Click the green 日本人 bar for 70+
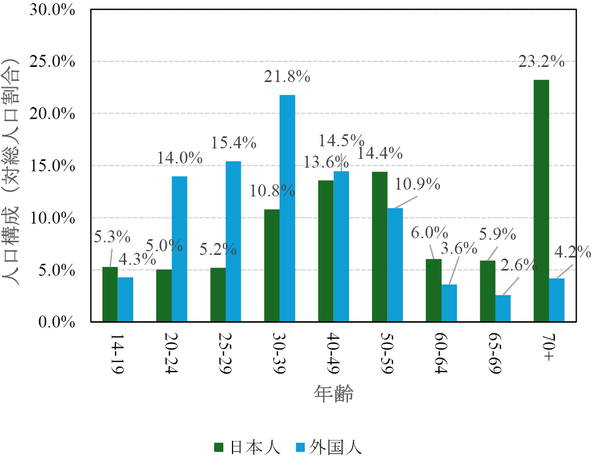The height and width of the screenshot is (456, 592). [x=541, y=201]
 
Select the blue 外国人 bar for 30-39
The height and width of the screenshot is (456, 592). [x=287, y=208]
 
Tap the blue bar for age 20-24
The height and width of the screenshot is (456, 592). [x=179, y=249]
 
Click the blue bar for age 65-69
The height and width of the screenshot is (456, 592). [x=503, y=309]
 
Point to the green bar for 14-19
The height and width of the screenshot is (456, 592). [x=110, y=295]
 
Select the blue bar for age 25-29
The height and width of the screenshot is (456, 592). [x=233, y=242]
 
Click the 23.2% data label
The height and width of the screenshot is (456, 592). [x=541, y=62]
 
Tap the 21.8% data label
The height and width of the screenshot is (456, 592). [x=287, y=77]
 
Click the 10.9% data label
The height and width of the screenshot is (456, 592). [x=417, y=184]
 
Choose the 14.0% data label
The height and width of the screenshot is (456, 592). [x=180, y=158]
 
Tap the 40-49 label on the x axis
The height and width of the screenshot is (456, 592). [x=334, y=352]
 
